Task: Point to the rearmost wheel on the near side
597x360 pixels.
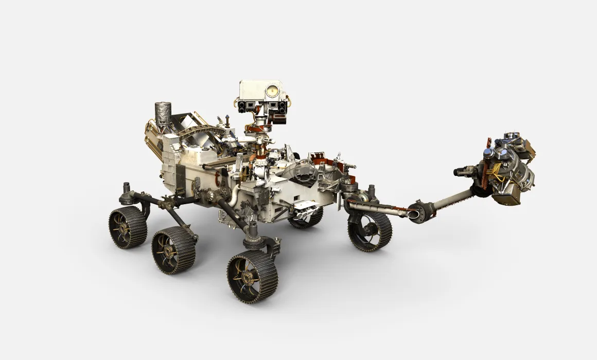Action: coord(127,227)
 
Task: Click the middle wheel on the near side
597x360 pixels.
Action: coord(173,250)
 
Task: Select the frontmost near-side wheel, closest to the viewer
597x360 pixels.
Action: coord(252,277)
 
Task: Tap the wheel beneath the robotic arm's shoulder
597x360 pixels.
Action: coord(369,231)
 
